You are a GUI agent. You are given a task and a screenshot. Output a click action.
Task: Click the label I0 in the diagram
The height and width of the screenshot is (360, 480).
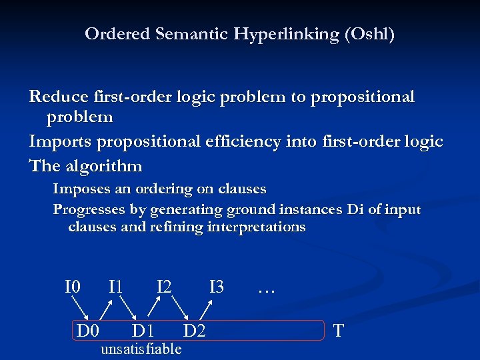point(73,287)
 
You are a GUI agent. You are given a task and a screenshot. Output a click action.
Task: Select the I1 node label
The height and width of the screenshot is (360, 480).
point(115,287)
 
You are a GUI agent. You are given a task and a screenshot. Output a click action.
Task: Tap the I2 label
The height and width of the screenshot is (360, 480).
point(164,287)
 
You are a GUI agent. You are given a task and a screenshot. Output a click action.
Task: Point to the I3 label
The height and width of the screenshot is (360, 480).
point(217,287)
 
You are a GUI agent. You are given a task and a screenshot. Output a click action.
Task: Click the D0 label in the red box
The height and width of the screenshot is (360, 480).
point(88,330)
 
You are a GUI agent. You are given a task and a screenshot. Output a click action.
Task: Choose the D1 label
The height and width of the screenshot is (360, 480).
point(143,330)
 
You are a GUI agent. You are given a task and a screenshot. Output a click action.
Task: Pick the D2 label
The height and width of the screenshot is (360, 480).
point(195,330)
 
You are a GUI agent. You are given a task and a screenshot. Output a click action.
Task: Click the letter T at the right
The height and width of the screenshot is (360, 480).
point(339,330)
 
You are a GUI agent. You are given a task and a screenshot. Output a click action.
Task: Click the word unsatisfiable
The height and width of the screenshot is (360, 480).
point(140,349)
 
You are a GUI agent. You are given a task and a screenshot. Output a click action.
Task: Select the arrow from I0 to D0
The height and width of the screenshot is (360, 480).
point(81,309)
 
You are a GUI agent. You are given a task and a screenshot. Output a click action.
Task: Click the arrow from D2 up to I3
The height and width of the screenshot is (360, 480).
point(207,310)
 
